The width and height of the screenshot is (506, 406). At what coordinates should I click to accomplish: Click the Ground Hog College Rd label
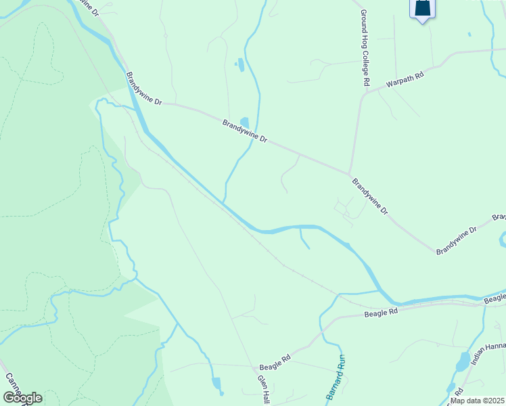pos(365,47)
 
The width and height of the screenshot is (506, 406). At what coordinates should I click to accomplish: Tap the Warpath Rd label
pos(405,78)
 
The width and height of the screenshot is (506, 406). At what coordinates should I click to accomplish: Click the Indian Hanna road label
pos(488,355)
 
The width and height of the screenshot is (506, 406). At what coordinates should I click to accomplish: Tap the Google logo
pos(22,397)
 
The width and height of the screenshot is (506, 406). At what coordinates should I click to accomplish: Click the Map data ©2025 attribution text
pos(477,401)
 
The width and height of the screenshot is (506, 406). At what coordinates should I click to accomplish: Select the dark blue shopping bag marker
pos(422,9)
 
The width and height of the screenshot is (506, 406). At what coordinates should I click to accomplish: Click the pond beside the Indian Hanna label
pos(463,362)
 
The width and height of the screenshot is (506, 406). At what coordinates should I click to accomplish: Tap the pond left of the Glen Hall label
pos(216,385)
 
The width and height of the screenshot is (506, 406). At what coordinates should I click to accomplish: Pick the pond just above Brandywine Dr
pos(244,122)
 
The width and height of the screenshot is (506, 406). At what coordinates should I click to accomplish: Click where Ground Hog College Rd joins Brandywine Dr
pos(349,173)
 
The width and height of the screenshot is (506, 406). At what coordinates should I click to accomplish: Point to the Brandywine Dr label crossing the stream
pos(245,131)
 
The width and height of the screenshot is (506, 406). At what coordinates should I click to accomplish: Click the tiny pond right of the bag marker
pos(468,34)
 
